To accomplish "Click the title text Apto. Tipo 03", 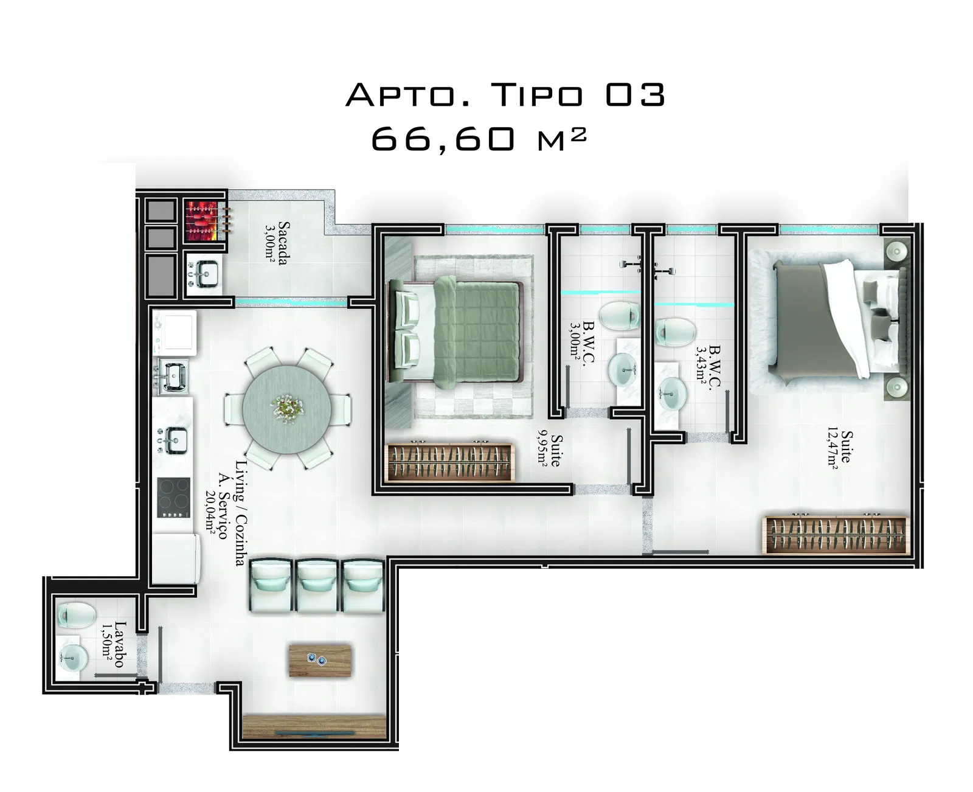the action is pos(505,95).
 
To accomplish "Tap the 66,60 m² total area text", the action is pos(478,139).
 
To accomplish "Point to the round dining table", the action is pos(287,408).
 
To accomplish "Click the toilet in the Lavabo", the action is pos(75,614).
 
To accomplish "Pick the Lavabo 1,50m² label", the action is pos(113,644).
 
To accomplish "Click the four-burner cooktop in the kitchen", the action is pos(173,497).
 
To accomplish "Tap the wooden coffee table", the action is pos(320,661).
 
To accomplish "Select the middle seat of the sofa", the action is pos(317,586).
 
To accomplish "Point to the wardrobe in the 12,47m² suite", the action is pos(836,535).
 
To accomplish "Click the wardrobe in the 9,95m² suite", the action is pos(451,462).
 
